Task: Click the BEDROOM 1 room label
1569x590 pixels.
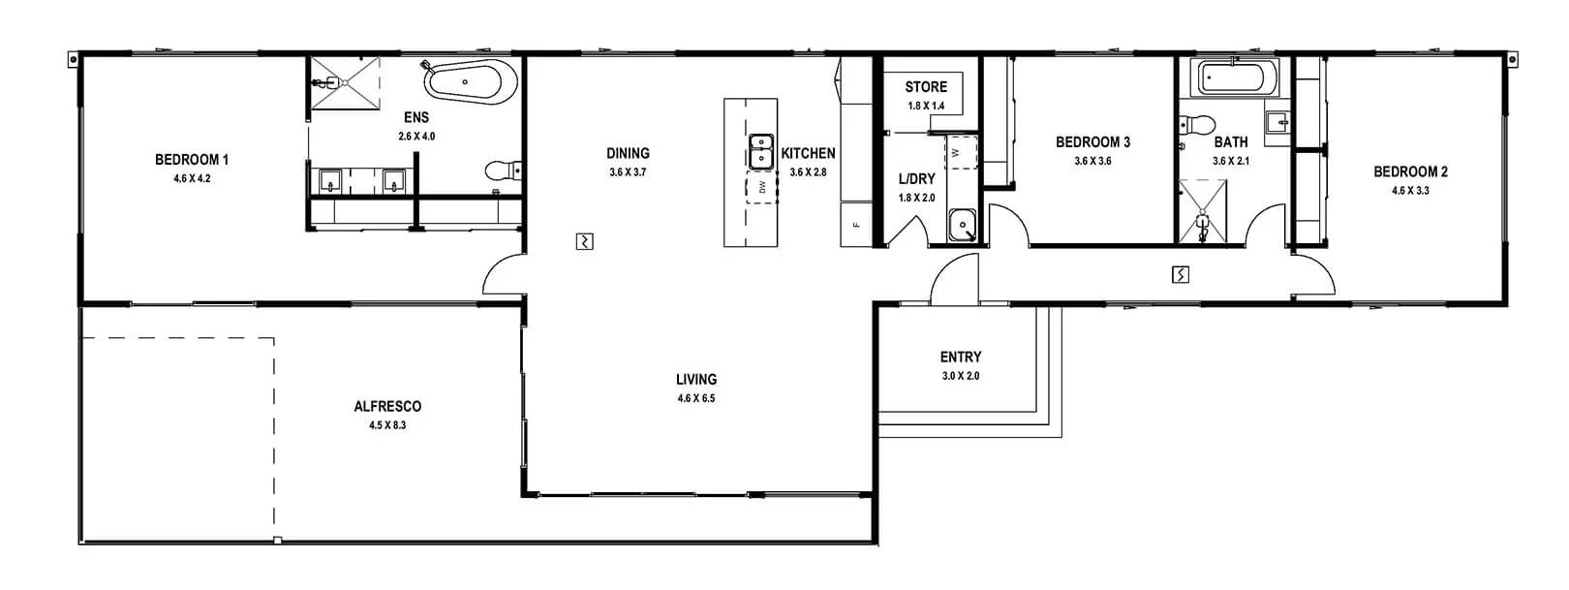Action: point(191,160)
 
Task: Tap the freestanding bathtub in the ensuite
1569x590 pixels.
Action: point(469,82)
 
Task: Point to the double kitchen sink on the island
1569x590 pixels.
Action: point(761,150)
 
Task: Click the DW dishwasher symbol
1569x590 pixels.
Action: point(761,187)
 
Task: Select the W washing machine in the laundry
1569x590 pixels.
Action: point(961,153)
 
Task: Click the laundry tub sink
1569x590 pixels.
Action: point(962,225)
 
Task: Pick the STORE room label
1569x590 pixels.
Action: point(926,87)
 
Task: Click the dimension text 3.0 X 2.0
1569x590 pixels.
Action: point(960,376)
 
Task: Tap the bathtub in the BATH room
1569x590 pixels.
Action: point(1237,78)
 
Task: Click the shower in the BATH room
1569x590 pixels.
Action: point(1201,211)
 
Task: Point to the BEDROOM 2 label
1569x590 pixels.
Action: point(1410,172)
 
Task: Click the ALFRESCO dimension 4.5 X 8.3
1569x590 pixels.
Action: point(386,425)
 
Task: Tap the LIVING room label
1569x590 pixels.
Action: point(696,380)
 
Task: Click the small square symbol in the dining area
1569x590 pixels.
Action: point(584,241)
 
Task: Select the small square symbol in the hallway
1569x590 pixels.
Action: point(1180,275)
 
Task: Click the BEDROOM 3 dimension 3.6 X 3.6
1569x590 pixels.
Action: point(1092,161)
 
